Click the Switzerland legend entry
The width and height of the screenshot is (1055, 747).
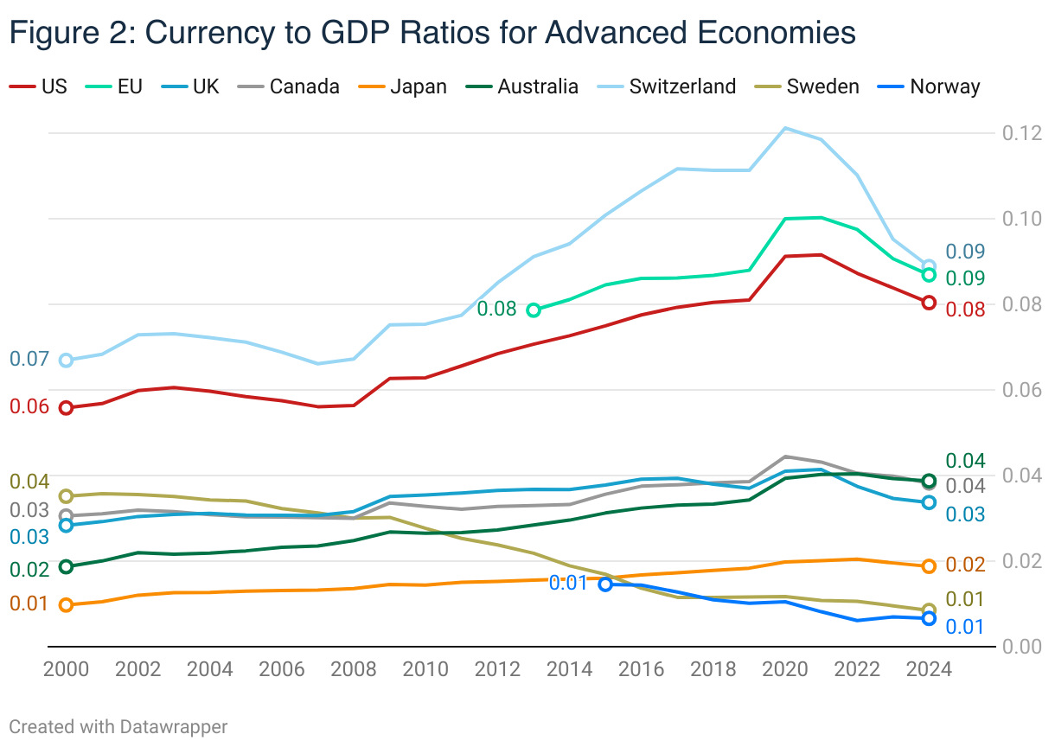681,86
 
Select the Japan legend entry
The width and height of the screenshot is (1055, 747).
418,86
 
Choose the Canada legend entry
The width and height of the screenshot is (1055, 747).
304,86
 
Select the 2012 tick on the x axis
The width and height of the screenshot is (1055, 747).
496,669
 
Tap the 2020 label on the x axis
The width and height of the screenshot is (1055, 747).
784,669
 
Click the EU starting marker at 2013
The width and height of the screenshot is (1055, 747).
534,310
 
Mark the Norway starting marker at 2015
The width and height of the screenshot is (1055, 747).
605,584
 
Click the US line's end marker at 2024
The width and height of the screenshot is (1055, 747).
929,302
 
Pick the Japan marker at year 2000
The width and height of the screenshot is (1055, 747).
66,604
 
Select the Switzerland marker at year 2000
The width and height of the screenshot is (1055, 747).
66,360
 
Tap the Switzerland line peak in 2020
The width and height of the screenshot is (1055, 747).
784,128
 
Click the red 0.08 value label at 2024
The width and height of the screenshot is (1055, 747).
965,309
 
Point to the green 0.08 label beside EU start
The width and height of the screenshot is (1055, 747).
496,309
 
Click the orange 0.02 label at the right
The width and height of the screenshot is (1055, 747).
965,565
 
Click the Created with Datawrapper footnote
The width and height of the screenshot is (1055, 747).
118,726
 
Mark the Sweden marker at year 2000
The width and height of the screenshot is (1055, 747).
66,495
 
